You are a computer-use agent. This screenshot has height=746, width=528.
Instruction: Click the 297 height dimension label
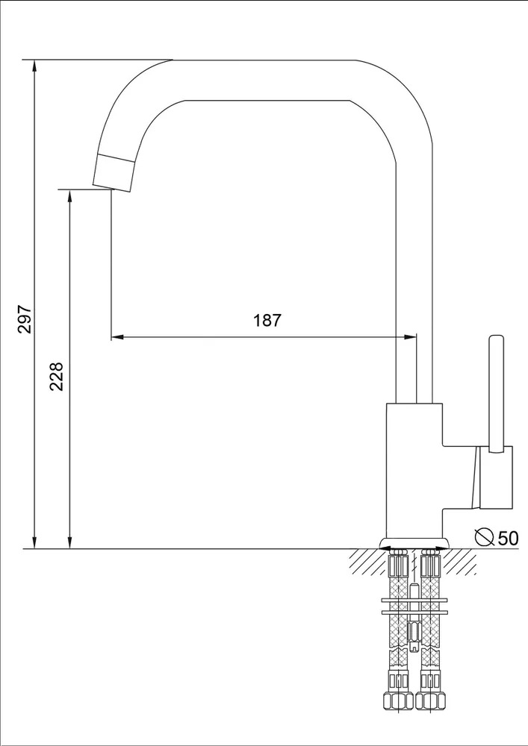(25, 319)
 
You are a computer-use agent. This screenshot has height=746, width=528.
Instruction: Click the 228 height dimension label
(58, 376)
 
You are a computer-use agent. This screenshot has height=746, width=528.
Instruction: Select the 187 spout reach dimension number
(267, 320)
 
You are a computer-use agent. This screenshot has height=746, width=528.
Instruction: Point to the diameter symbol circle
(485, 537)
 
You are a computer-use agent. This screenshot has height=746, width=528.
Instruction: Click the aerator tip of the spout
(114, 173)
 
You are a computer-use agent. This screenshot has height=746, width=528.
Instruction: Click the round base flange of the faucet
(414, 543)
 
